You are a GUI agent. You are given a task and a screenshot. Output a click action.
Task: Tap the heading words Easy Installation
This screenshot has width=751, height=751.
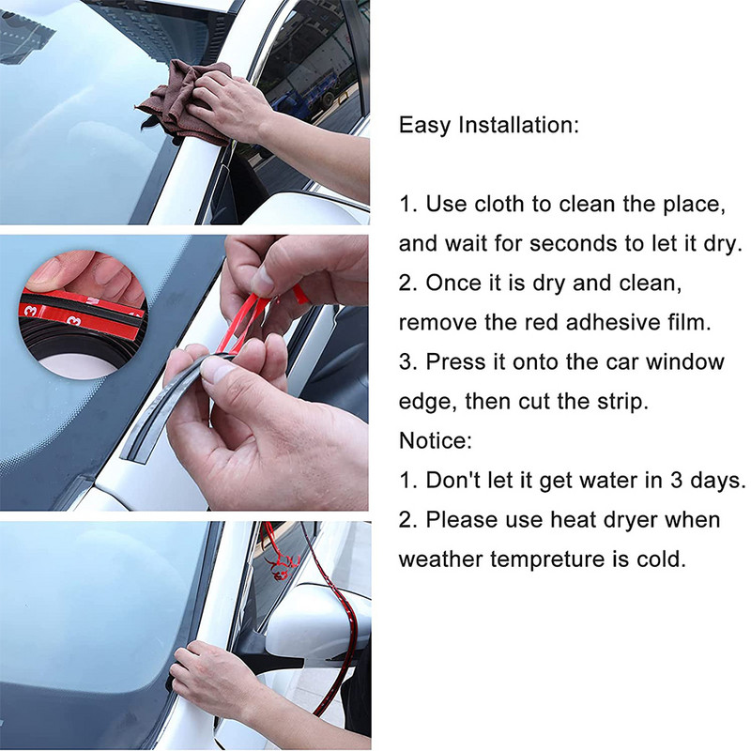coord(488,126)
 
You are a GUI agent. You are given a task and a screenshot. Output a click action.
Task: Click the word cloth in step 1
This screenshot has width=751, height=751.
coord(497,204)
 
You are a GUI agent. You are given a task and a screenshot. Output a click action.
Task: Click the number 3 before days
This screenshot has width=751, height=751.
coord(676,481)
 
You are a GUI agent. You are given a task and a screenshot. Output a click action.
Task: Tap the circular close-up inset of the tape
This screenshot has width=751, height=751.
coord(84,314)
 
